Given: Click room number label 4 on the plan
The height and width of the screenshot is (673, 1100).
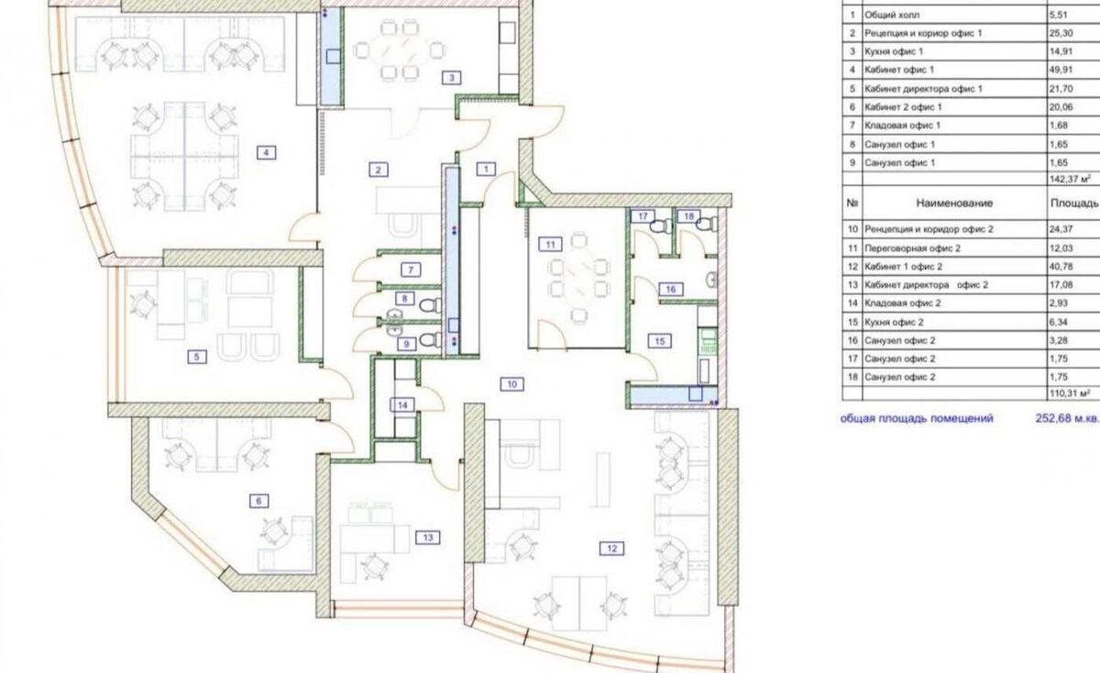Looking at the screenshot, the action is (266, 153).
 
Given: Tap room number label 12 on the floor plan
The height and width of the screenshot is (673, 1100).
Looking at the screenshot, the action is (612, 548).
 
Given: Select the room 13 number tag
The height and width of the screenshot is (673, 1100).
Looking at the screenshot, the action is (428, 537).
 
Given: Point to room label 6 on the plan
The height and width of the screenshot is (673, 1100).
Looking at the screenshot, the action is (258, 501).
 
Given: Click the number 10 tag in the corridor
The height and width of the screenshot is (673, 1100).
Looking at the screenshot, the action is (511, 384).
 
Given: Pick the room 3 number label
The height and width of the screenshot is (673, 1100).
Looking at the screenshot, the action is (452, 78).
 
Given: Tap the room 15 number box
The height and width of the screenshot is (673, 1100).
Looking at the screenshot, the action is (659, 341).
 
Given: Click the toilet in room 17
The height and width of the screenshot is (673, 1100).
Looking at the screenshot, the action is (658, 226).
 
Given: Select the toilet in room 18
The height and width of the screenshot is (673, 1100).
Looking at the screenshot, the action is (706, 225).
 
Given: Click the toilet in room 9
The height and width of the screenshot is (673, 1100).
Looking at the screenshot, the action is (431, 339).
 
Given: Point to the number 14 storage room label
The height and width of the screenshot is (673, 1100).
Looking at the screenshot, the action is (402, 405).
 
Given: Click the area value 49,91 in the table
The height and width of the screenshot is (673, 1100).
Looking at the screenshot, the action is (1061, 70).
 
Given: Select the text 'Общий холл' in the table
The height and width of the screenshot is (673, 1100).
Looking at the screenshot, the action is (892, 15).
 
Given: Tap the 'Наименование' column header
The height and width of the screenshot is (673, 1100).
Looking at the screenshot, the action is (954, 203).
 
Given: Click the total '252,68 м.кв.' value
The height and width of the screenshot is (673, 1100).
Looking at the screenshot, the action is (1067, 418).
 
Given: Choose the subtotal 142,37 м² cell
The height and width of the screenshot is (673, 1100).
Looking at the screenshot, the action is (1071, 179).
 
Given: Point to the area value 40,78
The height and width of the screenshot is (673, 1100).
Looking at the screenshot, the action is (1061, 267).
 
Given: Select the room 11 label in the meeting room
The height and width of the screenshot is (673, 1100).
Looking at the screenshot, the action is (550, 244).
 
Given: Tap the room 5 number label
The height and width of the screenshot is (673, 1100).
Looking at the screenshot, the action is (197, 357).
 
